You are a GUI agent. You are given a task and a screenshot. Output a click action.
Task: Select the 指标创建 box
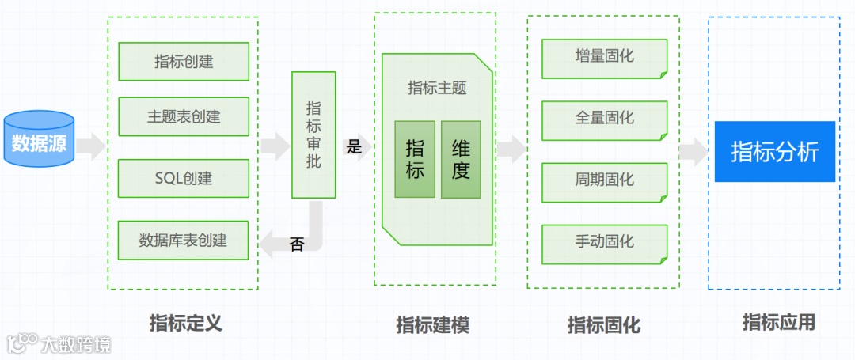[184, 62]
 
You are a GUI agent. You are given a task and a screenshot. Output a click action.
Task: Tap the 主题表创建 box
[184, 116]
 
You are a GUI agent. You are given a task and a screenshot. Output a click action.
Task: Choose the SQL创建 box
[184, 178]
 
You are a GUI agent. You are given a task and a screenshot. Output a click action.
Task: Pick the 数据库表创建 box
[184, 240]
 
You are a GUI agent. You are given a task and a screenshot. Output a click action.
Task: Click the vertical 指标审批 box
[313, 135]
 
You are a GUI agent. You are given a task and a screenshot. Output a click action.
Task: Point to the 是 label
[354, 146]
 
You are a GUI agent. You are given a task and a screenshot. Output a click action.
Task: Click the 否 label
[297, 244]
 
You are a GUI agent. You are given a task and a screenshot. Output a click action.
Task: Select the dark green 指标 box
[415, 159]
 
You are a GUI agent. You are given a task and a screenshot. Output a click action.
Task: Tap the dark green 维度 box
[461, 159]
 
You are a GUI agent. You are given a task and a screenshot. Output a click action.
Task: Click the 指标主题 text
[437, 88]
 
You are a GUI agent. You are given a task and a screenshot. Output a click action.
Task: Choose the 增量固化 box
[605, 57]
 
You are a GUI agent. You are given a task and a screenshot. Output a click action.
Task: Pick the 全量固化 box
[605, 118]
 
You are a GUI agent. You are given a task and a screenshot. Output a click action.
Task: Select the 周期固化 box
[605, 180]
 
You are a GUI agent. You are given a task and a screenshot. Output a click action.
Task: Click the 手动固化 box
[605, 241]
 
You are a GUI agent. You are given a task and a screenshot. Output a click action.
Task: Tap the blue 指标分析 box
[774, 151]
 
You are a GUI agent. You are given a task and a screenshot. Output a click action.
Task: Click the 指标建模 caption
[433, 324]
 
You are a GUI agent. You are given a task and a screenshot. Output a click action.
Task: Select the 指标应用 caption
[778, 322]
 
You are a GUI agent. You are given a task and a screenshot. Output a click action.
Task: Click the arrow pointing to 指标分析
[693, 150]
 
